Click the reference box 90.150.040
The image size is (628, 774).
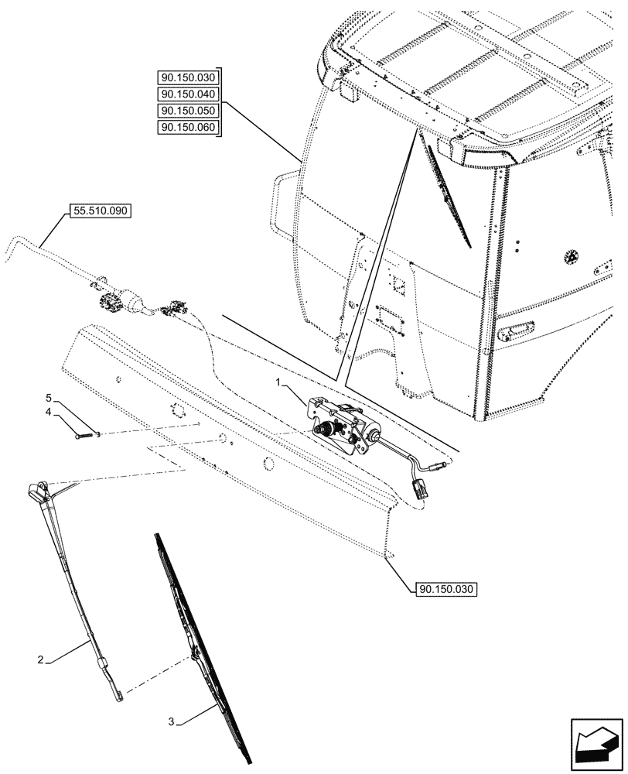coord(189,94)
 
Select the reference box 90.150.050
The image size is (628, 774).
coord(189,111)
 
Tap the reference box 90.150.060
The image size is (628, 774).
coord(189,128)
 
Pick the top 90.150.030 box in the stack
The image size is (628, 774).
coord(189,77)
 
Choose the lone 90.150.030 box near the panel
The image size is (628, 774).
coord(440,589)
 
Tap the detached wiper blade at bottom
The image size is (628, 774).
coord(203,650)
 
